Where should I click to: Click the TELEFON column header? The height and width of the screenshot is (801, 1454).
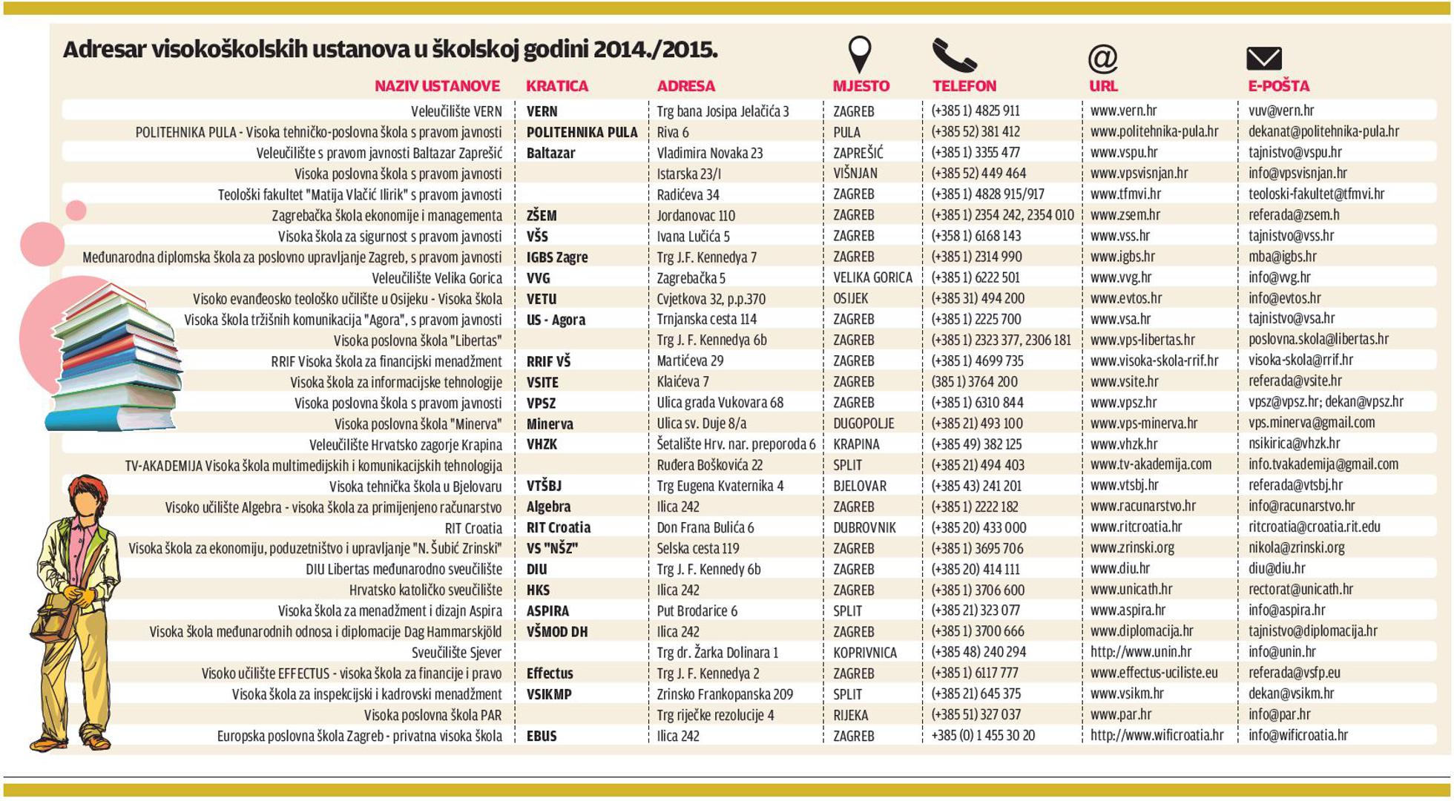[x=964, y=86]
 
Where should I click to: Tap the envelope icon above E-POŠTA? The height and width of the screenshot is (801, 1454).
[x=1263, y=58]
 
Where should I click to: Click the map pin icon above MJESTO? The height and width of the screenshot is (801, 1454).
[x=859, y=54]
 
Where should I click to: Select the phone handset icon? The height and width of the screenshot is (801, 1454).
[x=953, y=56]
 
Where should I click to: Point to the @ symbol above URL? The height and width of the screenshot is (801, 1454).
[x=1102, y=58]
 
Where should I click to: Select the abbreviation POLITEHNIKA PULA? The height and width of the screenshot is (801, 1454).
[x=582, y=132]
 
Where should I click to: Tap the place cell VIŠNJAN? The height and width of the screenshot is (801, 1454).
[x=855, y=174]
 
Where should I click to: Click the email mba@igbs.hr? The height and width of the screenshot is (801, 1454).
[x=1282, y=257]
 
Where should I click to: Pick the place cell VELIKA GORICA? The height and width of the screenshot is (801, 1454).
[x=872, y=277]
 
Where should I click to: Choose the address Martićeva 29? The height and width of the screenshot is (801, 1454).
[x=690, y=361]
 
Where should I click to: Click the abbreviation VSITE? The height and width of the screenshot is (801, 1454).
[x=542, y=382]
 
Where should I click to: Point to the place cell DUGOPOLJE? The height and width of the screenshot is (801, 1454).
[x=863, y=423]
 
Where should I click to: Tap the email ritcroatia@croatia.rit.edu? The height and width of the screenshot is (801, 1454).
[x=1314, y=527]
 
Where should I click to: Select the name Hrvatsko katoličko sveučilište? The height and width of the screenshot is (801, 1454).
[x=425, y=590]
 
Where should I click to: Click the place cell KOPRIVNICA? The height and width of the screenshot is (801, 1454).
[x=864, y=653]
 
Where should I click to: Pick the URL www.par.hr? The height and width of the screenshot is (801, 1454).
[x=1120, y=715]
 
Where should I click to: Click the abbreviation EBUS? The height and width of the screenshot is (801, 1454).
[x=541, y=736]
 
